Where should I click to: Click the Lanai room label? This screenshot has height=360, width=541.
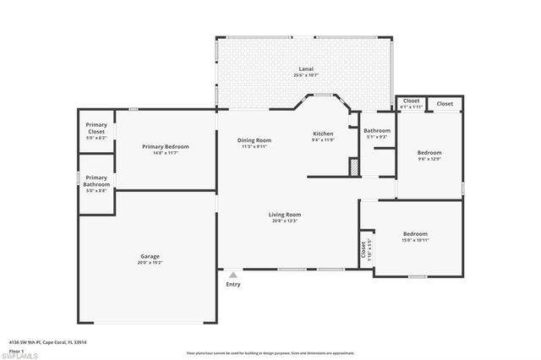[305, 69]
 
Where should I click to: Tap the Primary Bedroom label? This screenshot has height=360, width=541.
[165, 146]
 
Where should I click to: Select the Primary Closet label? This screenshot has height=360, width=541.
[96, 128]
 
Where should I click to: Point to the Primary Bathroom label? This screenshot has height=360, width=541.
[96, 181]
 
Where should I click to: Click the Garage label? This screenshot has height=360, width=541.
[150, 256]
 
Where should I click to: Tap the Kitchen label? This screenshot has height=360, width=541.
[323, 134]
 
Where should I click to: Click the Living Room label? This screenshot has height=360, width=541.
[285, 215]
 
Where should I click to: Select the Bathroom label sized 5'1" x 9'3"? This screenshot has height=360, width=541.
[377, 131]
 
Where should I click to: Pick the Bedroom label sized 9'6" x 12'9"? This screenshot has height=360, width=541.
[429, 153]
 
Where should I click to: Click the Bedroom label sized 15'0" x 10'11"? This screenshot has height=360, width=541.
[415, 234]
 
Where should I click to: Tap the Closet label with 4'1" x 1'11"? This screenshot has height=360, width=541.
[411, 102]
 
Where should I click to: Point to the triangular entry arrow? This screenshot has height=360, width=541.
[233, 275]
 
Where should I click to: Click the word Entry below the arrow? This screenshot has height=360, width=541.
[233, 284]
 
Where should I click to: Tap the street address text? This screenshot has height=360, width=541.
[47, 342]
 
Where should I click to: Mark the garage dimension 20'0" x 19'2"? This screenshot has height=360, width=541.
[150, 262]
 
